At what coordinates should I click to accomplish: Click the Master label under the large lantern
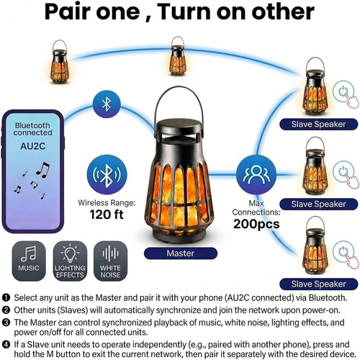click(x=181, y=253)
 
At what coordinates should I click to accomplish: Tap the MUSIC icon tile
click(x=29, y=261)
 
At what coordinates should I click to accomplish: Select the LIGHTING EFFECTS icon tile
click(x=70, y=261)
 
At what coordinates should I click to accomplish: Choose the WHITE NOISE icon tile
click(x=110, y=261)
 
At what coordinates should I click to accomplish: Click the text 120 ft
click(x=107, y=214)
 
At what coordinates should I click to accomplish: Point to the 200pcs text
click(x=256, y=224)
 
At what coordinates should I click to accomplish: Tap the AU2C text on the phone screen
click(x=33, y=146)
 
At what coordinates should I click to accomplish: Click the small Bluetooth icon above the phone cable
click(x=107, y=104)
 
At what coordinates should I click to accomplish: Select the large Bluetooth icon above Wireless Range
click(x=107, y=174)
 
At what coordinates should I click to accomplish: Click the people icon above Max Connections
click(x=256, y=174)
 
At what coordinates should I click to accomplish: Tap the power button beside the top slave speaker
click(x=343, y=91)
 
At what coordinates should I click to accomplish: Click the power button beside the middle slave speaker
click(x=343, y=171)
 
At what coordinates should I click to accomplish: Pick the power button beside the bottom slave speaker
click(x=343, y=251)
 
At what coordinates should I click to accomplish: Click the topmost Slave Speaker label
click(x=318, y=125)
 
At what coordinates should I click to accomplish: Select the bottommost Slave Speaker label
click(x=318, y=284)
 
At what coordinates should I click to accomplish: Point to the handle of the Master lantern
click(x=178, y=89)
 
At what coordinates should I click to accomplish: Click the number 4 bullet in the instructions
click(x=6, y=345)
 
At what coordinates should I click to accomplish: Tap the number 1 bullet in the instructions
click(x=6, y=298)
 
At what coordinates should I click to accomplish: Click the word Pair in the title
click(x=68, y=12)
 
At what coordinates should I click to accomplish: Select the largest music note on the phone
click(x=43, y=170)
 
